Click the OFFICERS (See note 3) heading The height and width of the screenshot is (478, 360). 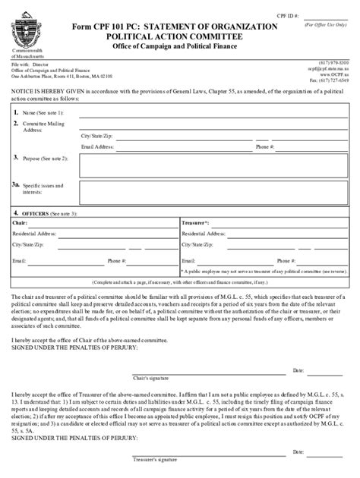[x=46, y=214]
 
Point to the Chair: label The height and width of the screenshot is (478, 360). [x=19, y=225]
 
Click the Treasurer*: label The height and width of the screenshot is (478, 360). [x=195, y=225]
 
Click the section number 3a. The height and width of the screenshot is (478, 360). [x=16, y=184]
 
